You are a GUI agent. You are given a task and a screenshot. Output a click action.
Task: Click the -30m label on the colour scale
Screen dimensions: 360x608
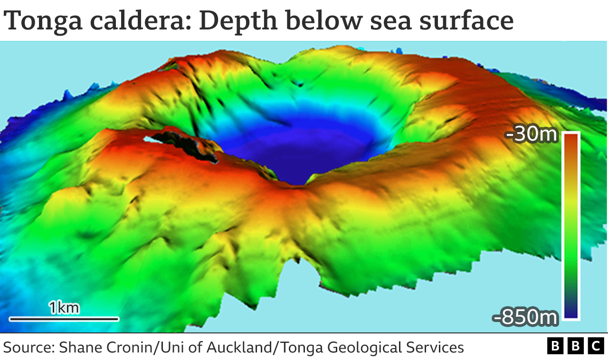[x=532, y=135]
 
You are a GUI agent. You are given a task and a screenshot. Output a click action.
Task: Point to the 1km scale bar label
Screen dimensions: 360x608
[x=64, y=308]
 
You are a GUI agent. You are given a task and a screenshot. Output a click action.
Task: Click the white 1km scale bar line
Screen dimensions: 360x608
[x=64, y=319]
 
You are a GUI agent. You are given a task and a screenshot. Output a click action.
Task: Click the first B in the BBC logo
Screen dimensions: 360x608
[x=554, y=346]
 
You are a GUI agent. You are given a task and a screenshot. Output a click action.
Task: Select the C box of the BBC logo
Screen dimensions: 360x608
[x=596, y=346]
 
